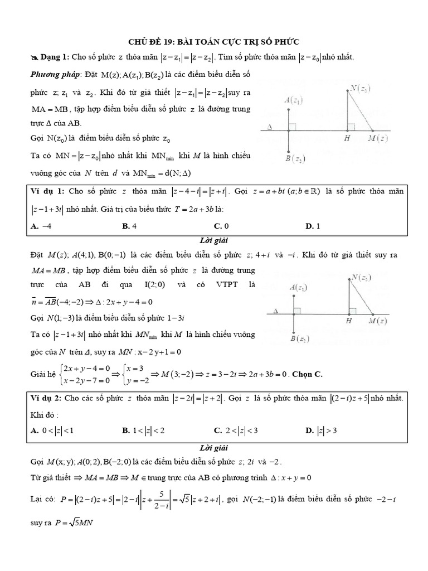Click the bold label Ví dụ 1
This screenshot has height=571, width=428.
click(47, 191)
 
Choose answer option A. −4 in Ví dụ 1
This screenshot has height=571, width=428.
click(41, 226)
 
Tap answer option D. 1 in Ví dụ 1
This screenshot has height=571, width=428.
click(312, 226)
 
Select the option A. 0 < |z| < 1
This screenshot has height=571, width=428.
click(53, 430)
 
